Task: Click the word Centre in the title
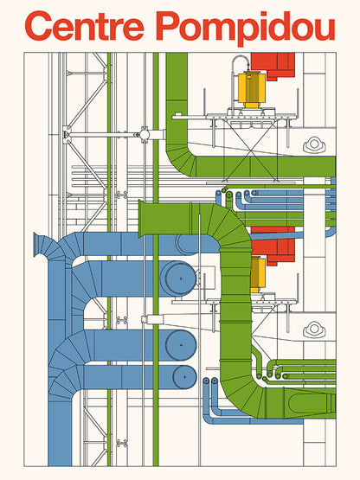point(86,27)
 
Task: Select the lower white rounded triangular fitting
point(314,330)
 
